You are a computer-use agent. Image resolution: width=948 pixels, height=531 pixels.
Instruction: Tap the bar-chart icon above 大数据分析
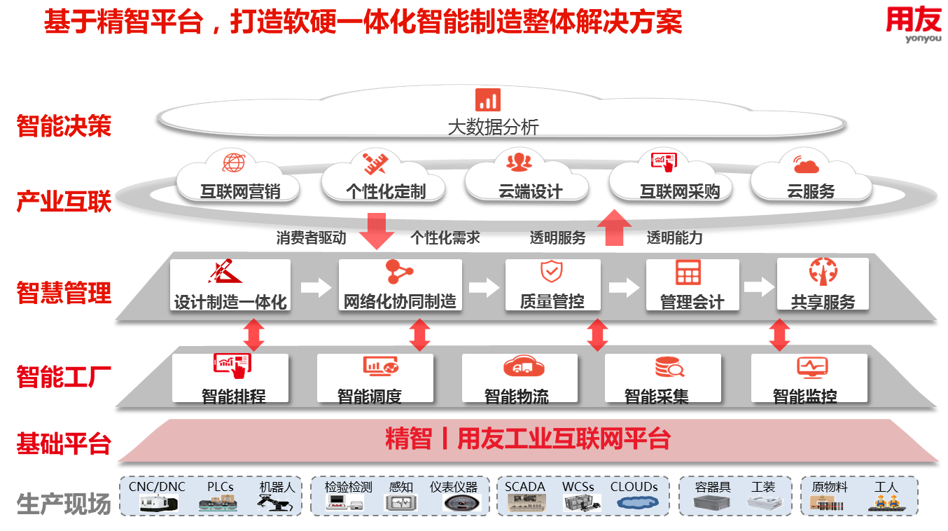[x=487, y=99]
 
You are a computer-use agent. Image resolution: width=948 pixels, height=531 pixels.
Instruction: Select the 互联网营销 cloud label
[x=240, y=191]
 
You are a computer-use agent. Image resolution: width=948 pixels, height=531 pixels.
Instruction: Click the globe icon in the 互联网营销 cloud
[x=234, y=163]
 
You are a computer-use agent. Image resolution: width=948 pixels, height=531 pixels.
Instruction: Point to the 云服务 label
[x=811, y=191]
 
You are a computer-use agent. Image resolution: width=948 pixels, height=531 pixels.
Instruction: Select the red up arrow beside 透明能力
[x=614, y=228]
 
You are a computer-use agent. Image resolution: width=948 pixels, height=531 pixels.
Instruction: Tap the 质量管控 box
[x=552, y=285]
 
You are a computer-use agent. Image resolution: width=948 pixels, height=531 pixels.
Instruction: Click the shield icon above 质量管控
[x=551, y=271]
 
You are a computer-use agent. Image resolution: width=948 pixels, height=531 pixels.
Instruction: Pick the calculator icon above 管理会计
[x=688, y=273]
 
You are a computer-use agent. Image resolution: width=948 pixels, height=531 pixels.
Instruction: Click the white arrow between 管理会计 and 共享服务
[x=758, y=287]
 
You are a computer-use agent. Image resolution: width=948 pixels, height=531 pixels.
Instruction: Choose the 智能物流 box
[x=519, y=378]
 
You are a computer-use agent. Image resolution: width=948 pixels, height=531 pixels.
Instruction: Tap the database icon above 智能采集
[x=669, y=366]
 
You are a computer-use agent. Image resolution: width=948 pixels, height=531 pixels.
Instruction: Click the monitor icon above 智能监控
[x=812, y=366]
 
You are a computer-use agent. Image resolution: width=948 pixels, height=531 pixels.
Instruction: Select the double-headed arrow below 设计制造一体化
[x=253, y=335]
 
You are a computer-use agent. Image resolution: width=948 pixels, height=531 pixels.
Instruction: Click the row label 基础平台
[x=64, y=443]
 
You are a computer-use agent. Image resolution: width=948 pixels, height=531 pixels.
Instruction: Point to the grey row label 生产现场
[x=64, y=504]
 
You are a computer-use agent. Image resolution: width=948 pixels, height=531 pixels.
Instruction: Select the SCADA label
[x=525, y=487]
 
